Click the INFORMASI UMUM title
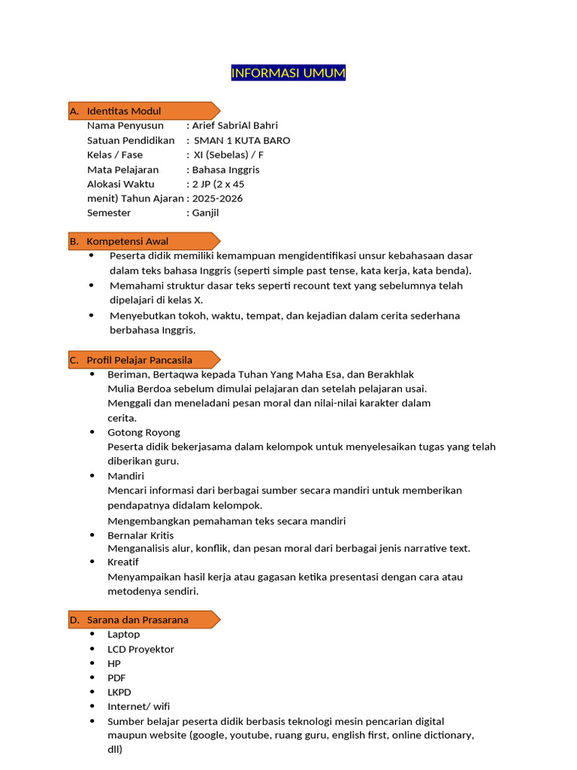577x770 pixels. point(288,73)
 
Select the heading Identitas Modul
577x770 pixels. point(124,111)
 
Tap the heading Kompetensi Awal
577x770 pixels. point(128,241)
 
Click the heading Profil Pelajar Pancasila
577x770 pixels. point(140,360)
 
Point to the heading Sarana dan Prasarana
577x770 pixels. point(137,620)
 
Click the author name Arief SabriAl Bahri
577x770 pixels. point(234,126)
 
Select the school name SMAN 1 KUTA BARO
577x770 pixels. point(242,141)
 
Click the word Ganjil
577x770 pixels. point(206,213)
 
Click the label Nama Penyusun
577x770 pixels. point(125,126)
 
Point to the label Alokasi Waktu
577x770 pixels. point(121,184)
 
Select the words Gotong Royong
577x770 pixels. point(144,432)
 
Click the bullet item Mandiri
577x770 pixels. point(126,476)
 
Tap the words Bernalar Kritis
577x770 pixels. point(140,535)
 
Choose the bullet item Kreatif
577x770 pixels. point(123,562)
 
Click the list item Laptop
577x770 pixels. point(124,635)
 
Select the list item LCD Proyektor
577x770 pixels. point(141,649)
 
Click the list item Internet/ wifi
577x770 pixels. point(139,706)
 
